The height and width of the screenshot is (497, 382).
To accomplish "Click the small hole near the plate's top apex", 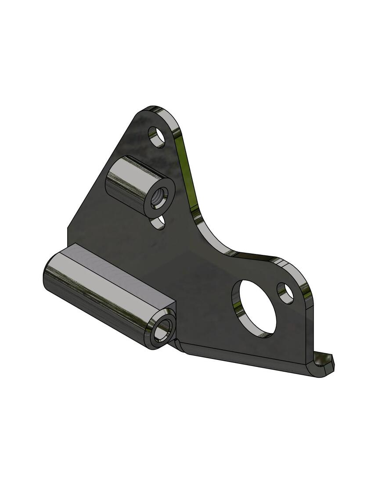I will (156, 137).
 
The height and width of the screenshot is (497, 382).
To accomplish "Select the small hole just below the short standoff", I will (158, 222).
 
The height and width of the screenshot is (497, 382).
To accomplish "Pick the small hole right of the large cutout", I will (285, 293).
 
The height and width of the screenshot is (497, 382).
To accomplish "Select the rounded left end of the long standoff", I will (47, 277).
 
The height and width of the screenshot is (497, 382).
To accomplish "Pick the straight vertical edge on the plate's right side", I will (309, 330).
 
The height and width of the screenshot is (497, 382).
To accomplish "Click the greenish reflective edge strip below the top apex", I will (187, 171).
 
